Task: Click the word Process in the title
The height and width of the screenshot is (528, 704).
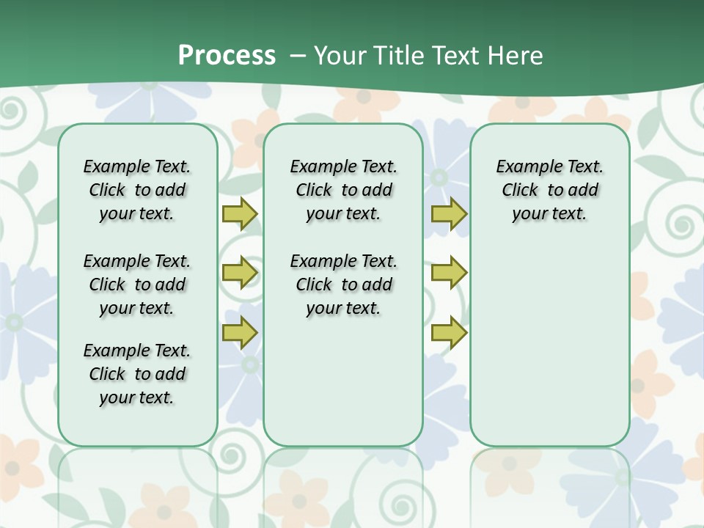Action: (x=227, y=56)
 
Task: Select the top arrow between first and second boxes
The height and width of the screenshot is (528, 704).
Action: (x=240, y=214)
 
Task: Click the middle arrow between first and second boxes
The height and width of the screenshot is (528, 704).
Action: (x=240, y=273)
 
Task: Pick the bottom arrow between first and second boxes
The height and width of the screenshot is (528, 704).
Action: (x=240, y=332)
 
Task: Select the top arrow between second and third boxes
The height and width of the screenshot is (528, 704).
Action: (x=449, y=214)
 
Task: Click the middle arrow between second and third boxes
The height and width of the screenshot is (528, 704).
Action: (x=449, y=273)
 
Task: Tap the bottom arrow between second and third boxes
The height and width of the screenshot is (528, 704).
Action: (x=449, y=332)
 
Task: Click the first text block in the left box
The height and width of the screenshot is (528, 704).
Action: (x=137, y=190)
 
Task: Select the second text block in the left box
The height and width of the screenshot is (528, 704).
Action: (x=137, y=285)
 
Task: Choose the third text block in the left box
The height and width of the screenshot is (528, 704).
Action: (x=137, y=374)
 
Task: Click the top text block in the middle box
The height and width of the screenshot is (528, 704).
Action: (x=343, y=190)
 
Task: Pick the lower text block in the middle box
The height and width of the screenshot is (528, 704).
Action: (x=343, y=285)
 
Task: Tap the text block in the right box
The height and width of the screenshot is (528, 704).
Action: (x=549, y=190)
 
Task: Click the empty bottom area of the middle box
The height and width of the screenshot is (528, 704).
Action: (x=343, y=389)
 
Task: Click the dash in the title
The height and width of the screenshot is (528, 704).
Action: (x=297, y=56)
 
